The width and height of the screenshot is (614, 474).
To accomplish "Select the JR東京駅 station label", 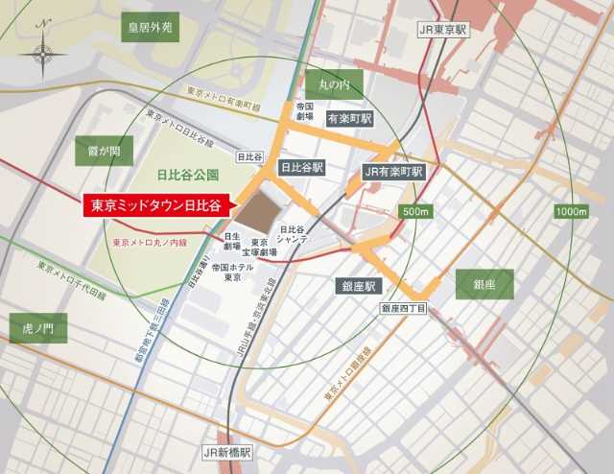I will pyautogui.click(x=441, y=30).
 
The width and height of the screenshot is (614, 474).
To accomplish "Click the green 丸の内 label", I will pyautogui.click(x=334, y=85).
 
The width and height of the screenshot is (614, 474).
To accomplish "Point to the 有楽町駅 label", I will pyautogui.click(x=347, y=120).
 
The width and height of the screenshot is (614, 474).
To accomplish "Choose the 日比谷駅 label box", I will pyautogui.click(x=301, y=167).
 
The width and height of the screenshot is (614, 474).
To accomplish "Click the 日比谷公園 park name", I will pyautogui.click(x=187, y=176).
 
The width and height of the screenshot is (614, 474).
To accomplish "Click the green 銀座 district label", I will pyautogui.click(x=485, y=284).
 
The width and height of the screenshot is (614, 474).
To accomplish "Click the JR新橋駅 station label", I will pyautogui.click(x=225, y=450).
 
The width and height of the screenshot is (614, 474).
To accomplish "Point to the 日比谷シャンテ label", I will pyautogui.click(x=293, y=234).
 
